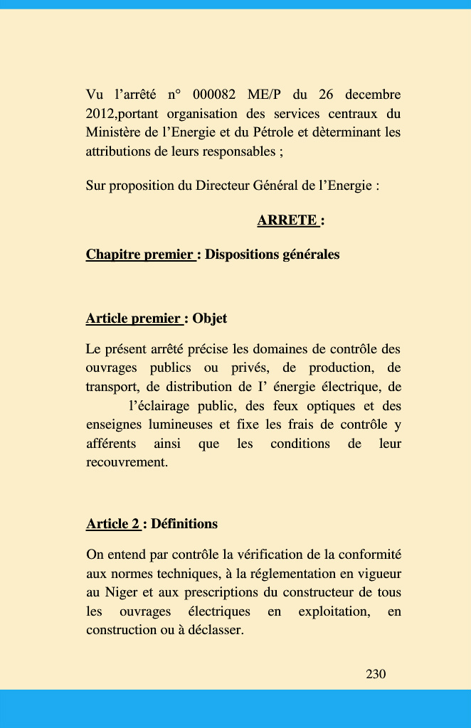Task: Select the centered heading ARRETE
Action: (x=287, y=220)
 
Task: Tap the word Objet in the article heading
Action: (x=210, y=318)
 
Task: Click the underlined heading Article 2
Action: (x=112, y=524)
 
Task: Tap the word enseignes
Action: (x=114, y=425)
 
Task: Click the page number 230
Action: (x=376, y=674)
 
